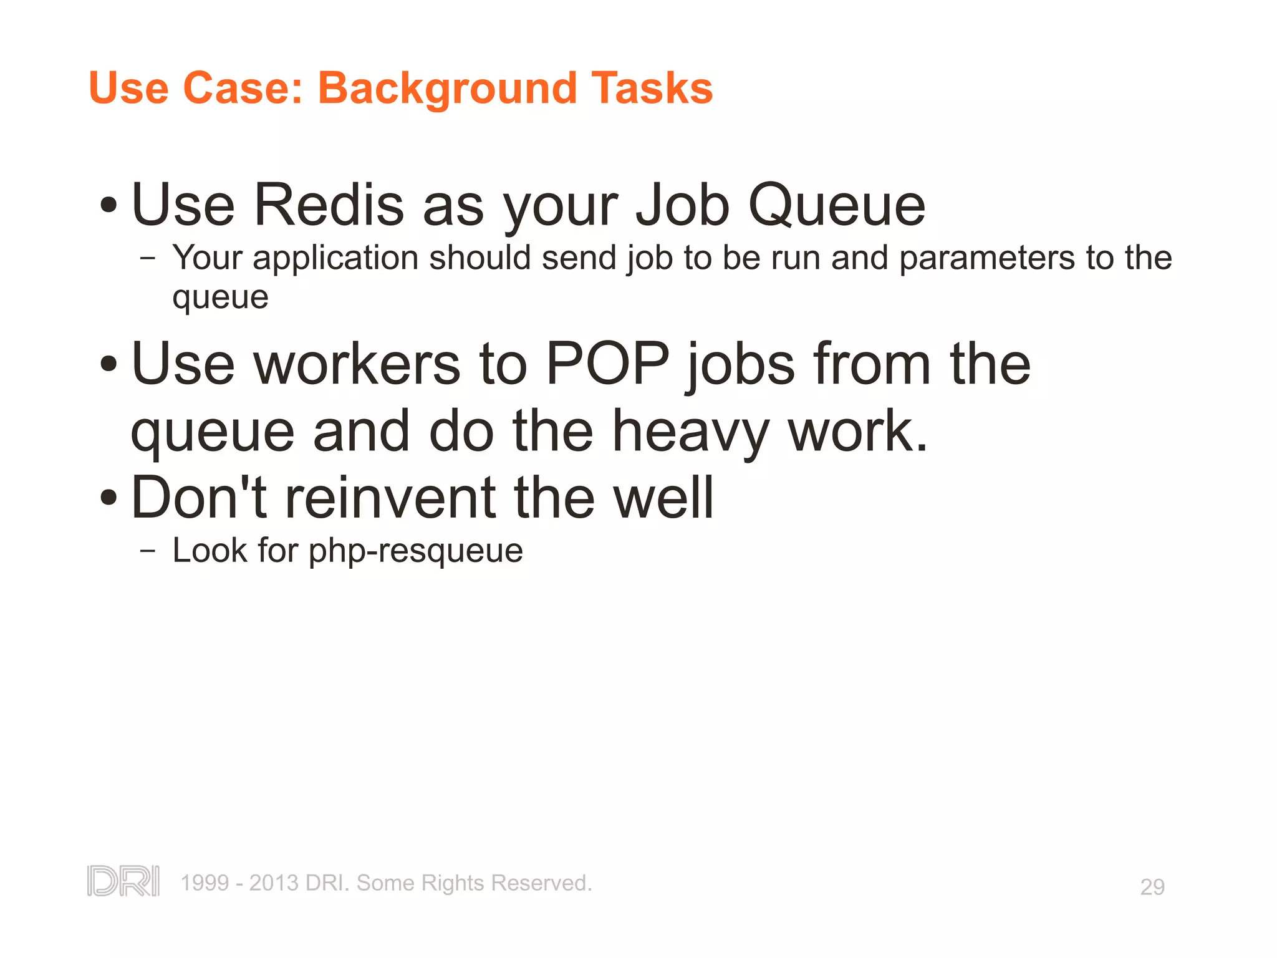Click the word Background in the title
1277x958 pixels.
(447, 89)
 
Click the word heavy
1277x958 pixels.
(690, 432)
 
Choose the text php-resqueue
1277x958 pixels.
(415, 551)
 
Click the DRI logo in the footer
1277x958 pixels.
(123, 881)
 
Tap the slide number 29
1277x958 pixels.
(1152, 886)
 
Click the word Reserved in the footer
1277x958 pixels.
(541, 883)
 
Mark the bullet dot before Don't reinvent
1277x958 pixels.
(108, 498)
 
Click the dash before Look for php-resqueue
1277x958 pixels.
(148, 551)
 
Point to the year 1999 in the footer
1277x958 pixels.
(205, 883)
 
